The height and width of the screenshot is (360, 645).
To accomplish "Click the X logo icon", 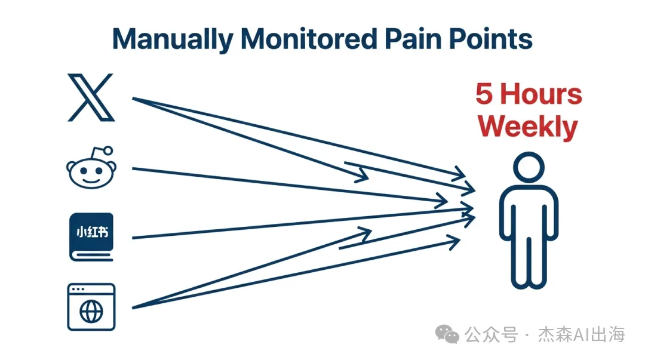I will coord(90,97).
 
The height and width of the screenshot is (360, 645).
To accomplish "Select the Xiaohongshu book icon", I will coord(91,236).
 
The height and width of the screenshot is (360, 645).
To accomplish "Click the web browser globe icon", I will coord(91,307).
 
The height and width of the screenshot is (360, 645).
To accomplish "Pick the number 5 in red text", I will coord(484,94).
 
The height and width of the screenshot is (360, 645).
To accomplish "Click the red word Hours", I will coord(540,94).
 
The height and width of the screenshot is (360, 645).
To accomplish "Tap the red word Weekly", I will coord(528,127).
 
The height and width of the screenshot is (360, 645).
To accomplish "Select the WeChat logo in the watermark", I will coord(447,335).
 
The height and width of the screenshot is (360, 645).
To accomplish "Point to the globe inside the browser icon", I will coord(91,312).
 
